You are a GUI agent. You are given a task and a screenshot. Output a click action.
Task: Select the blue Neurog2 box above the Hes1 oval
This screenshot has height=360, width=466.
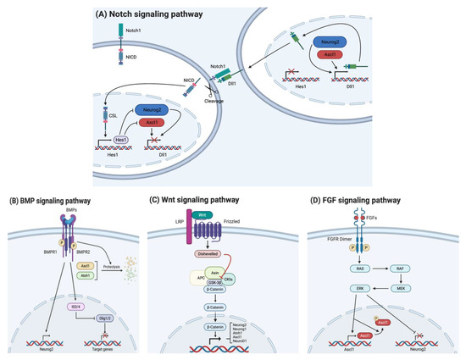point(149,110)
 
